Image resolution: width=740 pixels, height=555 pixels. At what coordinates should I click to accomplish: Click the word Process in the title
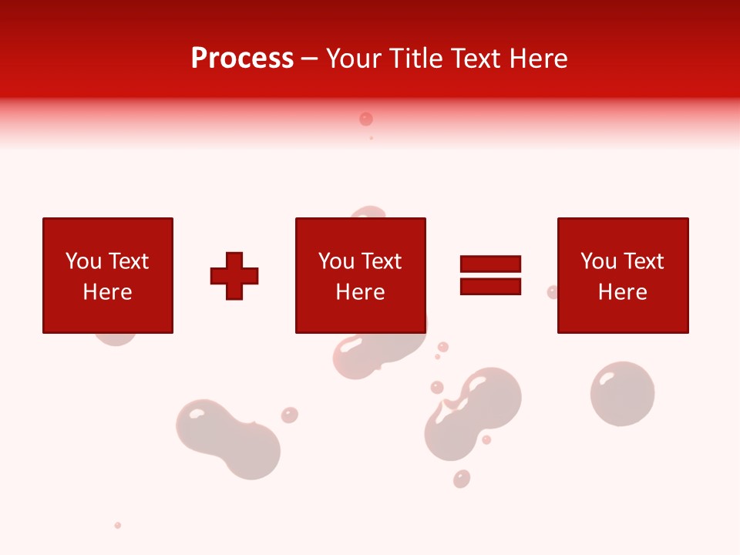[242, 59]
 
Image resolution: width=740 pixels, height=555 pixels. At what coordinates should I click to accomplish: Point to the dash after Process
[310, 59]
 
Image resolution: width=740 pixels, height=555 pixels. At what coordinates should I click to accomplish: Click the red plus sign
[234, 276]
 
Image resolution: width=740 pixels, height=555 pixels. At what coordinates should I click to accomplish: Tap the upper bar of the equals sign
[490, 264]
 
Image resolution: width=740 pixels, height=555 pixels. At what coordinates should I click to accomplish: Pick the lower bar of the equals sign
[490, 286]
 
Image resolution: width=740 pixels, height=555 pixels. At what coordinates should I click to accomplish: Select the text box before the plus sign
[107, 275]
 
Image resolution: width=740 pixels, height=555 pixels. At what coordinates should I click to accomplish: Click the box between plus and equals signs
[360, 275]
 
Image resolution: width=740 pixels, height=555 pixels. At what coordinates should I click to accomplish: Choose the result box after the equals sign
[622, 275]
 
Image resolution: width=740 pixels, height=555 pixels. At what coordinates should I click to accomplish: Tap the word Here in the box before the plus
[107, 292]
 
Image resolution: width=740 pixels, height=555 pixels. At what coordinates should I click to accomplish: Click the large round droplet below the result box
[622, 393]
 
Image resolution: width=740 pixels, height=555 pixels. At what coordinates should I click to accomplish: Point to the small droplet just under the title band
[366, 119]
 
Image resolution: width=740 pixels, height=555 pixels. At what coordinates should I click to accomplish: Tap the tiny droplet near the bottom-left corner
[118, 525]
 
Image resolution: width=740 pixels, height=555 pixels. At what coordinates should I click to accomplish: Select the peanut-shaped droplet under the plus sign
[228, 439]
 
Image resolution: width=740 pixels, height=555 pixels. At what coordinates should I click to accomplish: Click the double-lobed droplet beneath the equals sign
[473, 412]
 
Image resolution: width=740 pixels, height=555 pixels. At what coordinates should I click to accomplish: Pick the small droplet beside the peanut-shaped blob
[289, 415]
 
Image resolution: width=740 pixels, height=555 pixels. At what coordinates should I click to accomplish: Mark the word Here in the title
[540, 59]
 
